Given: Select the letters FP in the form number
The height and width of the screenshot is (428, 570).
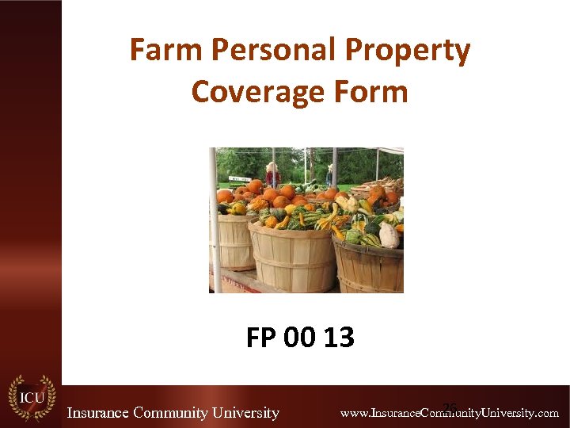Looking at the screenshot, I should (x=261, y=338).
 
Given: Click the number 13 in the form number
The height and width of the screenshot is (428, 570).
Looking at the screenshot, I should (x=339, y=338).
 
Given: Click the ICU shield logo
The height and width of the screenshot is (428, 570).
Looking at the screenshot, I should (x=31, y=397).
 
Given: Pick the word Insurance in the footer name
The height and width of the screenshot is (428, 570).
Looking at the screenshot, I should (x=97, y=413).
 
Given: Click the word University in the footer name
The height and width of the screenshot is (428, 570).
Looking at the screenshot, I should (x=246, y=413).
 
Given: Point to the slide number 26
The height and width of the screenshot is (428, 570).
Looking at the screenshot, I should (x=450, y=407).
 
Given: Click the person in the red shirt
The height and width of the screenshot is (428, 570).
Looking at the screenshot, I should (x=272, y=174).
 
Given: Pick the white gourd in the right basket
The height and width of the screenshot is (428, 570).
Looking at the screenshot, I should (x=389, y=234).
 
